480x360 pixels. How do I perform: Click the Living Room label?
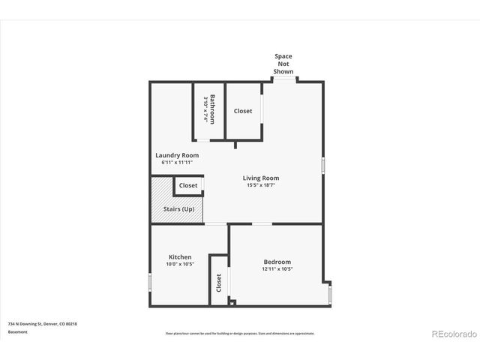(x=261, y=178)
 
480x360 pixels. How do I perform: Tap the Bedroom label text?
(x=277, y=262)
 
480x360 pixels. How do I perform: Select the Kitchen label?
(x=180, y=257)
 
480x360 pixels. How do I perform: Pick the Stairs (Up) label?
(x=178, y=208)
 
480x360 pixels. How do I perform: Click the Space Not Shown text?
(x=283, y=64)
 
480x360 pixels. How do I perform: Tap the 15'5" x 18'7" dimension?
(x=261, y=186)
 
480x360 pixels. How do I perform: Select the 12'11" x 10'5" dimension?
(x=277, y=268)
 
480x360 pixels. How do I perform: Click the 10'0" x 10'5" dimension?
(x=180, y=264)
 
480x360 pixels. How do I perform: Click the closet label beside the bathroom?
(x=243, y=111)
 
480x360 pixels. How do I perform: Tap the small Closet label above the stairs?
(x=188, y=185)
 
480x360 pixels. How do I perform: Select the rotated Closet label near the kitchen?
(x=219, y=282)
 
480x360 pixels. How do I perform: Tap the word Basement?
(x=18, y=331)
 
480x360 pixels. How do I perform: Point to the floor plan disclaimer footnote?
(x=240, y=333)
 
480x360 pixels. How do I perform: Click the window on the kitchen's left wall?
(x=150, y=282)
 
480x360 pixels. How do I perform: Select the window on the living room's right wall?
(x=323, y=166)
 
